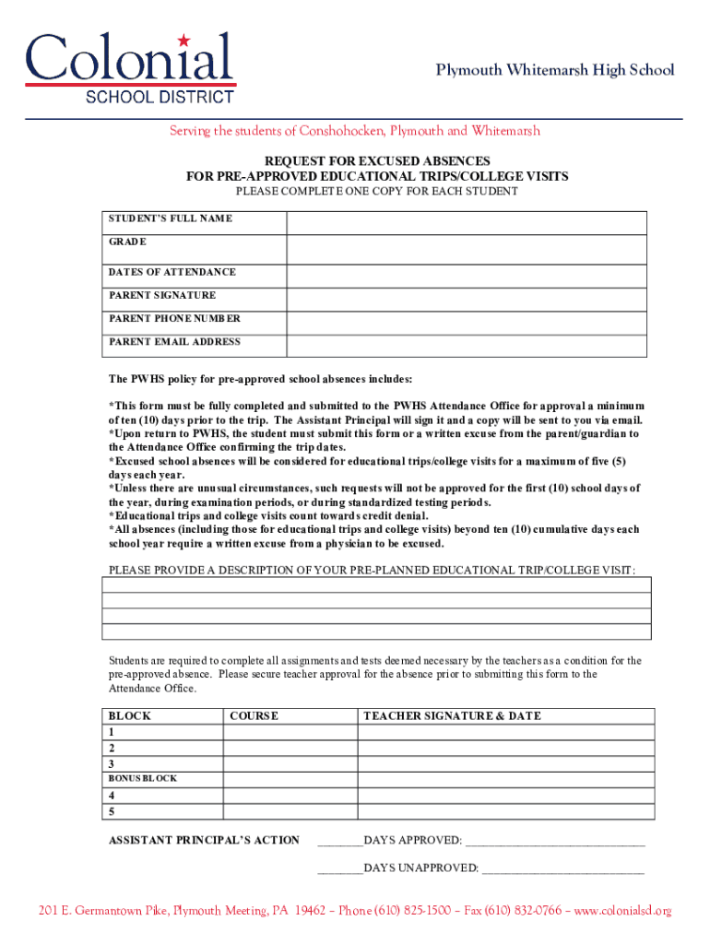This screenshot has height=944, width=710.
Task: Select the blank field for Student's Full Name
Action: (x=467, y=223)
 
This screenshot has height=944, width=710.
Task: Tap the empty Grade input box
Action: (x=467, y=250)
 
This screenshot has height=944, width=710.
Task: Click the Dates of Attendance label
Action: (x=172, y=273)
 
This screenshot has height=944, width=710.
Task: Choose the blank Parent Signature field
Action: (x=467, y=299)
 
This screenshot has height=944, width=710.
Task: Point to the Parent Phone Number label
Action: (x=174, y=319)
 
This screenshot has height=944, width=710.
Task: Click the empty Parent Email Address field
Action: (x=467, y=345)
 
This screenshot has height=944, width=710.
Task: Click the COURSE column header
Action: (x=254, y=716)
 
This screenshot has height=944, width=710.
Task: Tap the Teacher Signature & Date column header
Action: (x=452, y=716)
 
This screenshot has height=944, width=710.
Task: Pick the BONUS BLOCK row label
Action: (x=143, y=779)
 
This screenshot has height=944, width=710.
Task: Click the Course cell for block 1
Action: (x=290, y=733)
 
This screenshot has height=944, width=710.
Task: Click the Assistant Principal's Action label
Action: (x=204, y=840)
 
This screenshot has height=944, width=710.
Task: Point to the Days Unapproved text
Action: (x=420, y=868)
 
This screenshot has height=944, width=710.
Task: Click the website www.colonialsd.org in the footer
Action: (x=623, y=911)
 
